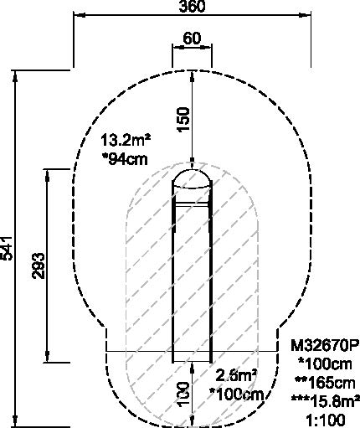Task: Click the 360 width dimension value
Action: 192,6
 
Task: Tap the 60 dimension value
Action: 192,38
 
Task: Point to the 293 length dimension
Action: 39,266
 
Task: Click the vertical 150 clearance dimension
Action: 183,119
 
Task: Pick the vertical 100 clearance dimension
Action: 183,394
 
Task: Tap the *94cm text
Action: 125,159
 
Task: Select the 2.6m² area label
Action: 237,376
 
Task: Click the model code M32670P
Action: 325,345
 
